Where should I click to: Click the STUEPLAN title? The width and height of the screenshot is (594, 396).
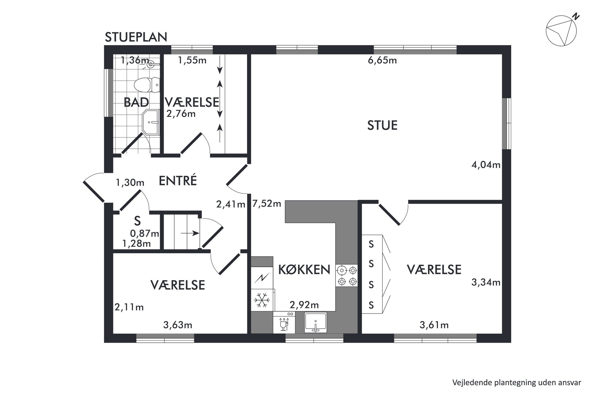(x=136, y=37)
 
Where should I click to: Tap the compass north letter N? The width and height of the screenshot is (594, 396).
(x=576, y=17)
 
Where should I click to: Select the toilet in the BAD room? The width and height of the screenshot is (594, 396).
(x=147, y=85)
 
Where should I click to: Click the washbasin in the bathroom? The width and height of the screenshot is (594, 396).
(x=150, y=122)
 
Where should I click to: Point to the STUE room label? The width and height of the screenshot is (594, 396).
(x=382, y=125)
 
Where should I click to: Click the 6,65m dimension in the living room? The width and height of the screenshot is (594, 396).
(x=382, y=60)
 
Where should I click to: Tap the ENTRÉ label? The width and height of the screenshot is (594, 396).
(x=178, y=180)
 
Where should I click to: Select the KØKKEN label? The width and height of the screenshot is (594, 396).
(x=304, y=270)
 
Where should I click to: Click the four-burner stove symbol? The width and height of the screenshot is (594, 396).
(x=347, y=276)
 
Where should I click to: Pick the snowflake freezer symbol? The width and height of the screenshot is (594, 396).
(x=262, y=300)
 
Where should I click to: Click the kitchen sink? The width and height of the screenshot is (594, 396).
(x=316, y=322)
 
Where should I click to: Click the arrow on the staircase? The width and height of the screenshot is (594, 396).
(x=190, y=233)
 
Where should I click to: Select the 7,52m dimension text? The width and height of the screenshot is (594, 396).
(x=267, y=204)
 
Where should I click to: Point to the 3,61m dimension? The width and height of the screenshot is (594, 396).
(x=434, y=325)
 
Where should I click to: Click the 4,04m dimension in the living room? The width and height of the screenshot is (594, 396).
(x=486, y=165)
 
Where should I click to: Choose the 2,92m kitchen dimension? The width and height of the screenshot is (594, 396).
(x=304, y=305)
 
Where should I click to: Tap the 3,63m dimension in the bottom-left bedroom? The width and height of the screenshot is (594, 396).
(x=178, y=325)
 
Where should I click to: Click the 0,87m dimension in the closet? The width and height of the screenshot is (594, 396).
(x=145, y=233)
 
